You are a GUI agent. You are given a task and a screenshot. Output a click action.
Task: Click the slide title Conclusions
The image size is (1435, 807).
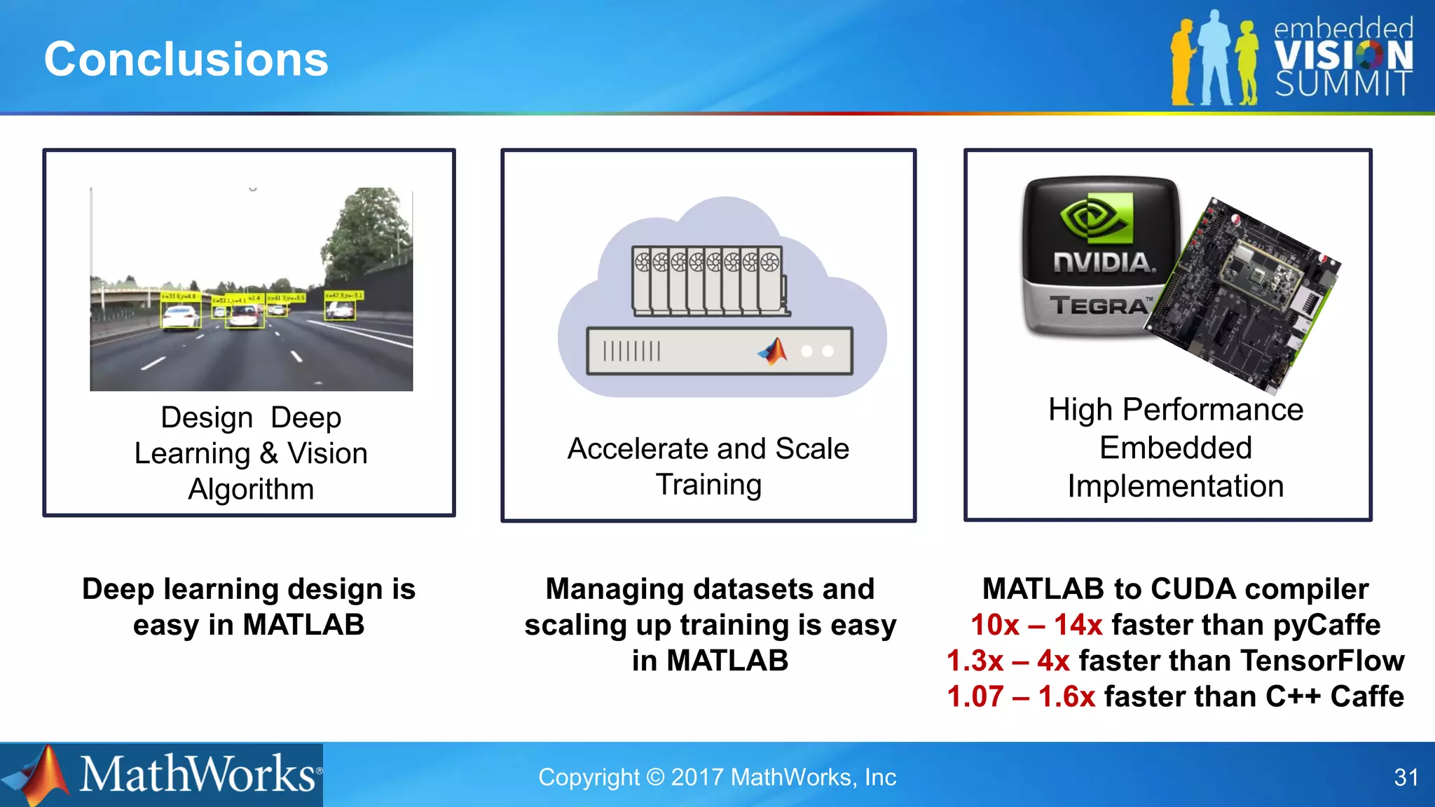pyautogui.click(x=186, y=59)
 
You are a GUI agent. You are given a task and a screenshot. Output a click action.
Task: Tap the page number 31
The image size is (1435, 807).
pyautogui.click(x=1406, y=778)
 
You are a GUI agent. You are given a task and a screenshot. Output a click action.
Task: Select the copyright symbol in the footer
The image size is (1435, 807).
pyautogui.click(x=655, y=778)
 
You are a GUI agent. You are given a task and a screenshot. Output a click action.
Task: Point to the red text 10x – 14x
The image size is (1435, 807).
pyautogui.click(x=1036, y=625)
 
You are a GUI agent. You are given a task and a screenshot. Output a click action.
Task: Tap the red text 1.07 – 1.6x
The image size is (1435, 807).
pyautogui.click(x=1021, y=696)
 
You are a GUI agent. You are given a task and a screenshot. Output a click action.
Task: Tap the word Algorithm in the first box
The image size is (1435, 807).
pyautogui.click(x=251, y=489)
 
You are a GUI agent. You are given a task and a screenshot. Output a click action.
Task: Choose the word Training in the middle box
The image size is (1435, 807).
pyautogui.click(x=708, y=485)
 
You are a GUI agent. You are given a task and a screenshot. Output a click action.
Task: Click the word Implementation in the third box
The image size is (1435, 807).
pyautogui.click(x=1175, y=486)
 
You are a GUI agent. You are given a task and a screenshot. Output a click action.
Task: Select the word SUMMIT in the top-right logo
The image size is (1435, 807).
pyautogui.click(x=1343, y=84)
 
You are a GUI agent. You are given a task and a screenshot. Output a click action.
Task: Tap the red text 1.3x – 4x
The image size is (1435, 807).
pyautogui.click(x=1008, y=661)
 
